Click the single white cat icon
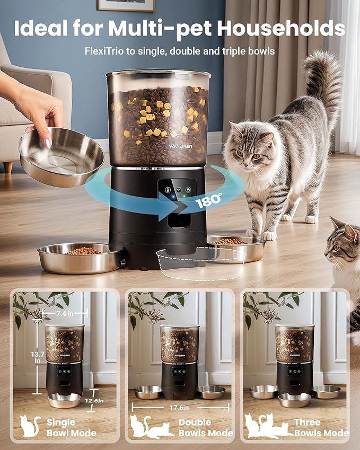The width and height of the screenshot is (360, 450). click(31, 426)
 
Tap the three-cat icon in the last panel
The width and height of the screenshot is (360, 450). click(263, 426)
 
